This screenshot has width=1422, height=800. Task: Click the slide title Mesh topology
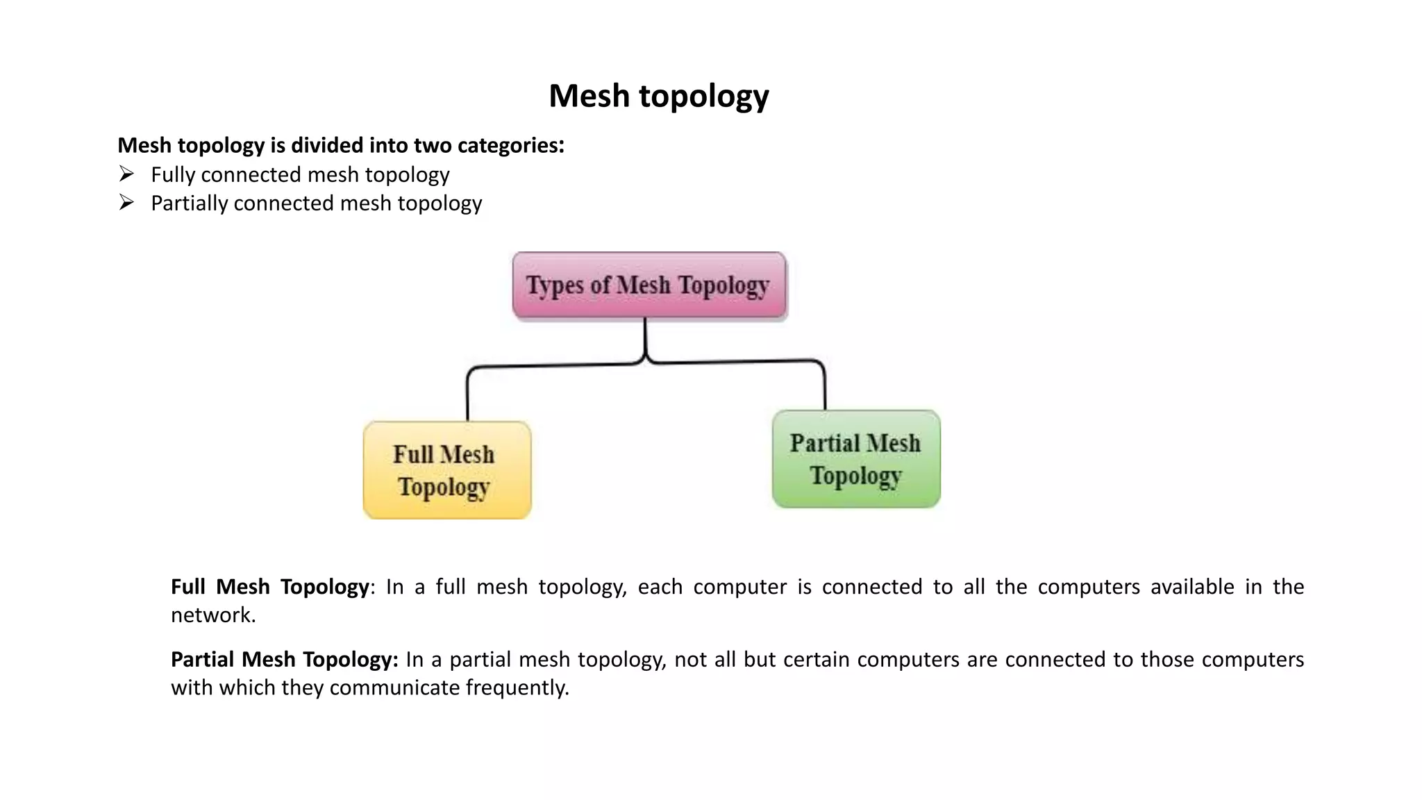point(658,96)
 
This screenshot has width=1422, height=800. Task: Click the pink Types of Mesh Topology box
point(649,285)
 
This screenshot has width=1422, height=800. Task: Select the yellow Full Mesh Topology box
point(446,470)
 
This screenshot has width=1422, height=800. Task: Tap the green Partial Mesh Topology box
point(855,459)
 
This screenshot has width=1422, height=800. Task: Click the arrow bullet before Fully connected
point(126,173)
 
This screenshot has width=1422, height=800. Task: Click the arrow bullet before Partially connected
point(126,202)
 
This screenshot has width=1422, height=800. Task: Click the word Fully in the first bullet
point(173,174)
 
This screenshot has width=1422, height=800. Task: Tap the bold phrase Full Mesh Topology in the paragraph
point(269,587)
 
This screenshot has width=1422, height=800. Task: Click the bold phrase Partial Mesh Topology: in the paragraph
point(284,659)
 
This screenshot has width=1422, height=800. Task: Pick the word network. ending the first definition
point(213,615)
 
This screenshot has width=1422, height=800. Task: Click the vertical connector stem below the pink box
point(645,337)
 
